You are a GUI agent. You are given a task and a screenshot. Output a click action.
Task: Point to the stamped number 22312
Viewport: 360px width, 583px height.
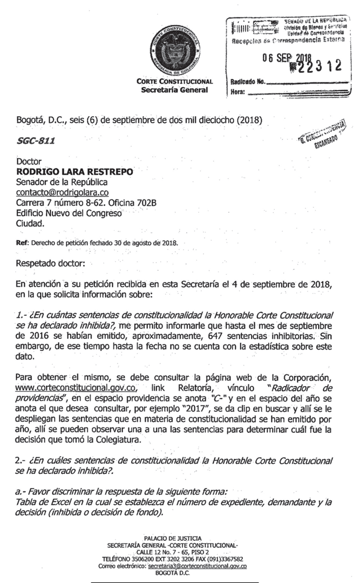pos(317,66)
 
